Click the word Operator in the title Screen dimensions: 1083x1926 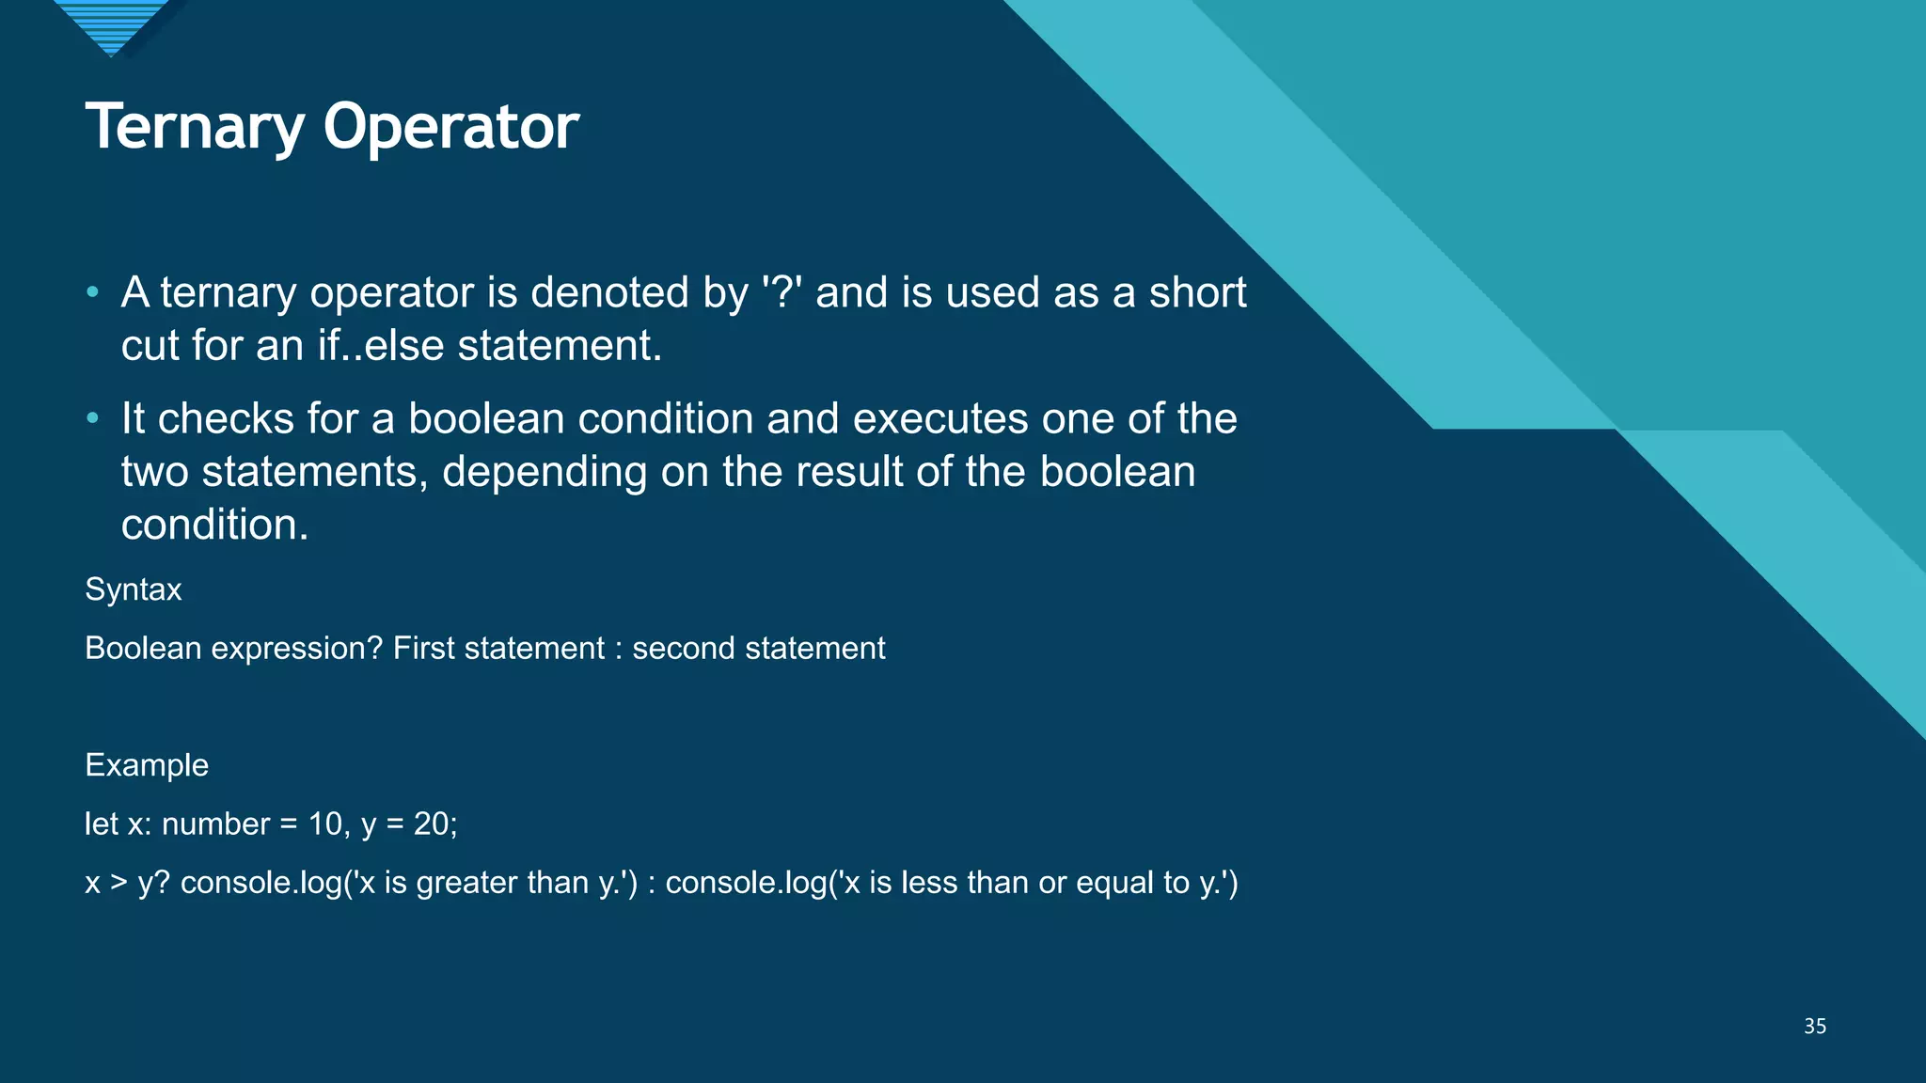pos(450,127)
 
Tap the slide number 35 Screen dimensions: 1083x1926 pos(1814,1026)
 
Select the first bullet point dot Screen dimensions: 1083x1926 pos(92,292)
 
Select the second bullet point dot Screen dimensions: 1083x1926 pos(92,418)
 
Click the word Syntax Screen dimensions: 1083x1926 pos(133,589)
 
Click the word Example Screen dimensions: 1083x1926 pos(147,765)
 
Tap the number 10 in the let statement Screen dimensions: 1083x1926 pos(325,824)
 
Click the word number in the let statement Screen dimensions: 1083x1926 pos(215,824)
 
